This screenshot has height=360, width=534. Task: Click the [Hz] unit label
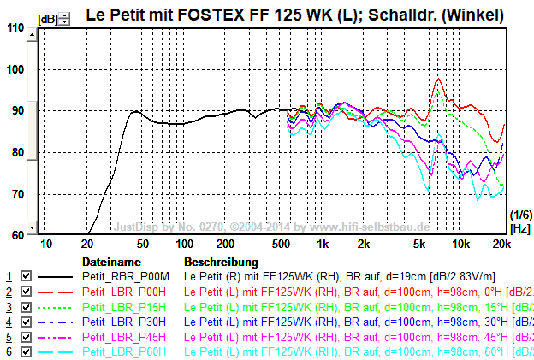(519, 228)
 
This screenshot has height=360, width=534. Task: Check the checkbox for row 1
(26, 277)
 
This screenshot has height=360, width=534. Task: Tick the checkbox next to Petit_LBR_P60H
(26, 352)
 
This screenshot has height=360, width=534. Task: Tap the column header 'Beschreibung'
(221, 262)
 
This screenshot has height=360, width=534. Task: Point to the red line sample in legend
(56, 292)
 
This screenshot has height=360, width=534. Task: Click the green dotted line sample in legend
(56, 307)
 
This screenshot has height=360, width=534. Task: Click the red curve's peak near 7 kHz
(439, 79)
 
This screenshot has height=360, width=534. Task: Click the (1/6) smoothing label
(519, 214)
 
